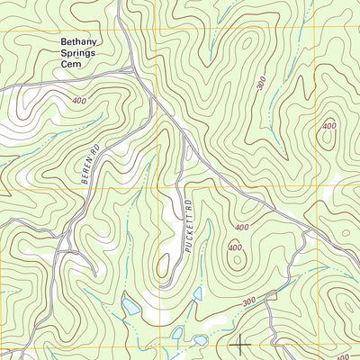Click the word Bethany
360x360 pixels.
[x=80, y=41]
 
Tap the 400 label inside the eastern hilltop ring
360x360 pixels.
[x=329, y=126]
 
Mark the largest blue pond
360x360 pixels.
[x=132, y=307]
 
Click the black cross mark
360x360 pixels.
[x=241, y=342]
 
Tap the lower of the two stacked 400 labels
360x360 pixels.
[x=235, y=247]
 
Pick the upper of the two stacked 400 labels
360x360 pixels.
[x=240, y=228]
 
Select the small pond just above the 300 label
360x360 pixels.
[x=197, y=292]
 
